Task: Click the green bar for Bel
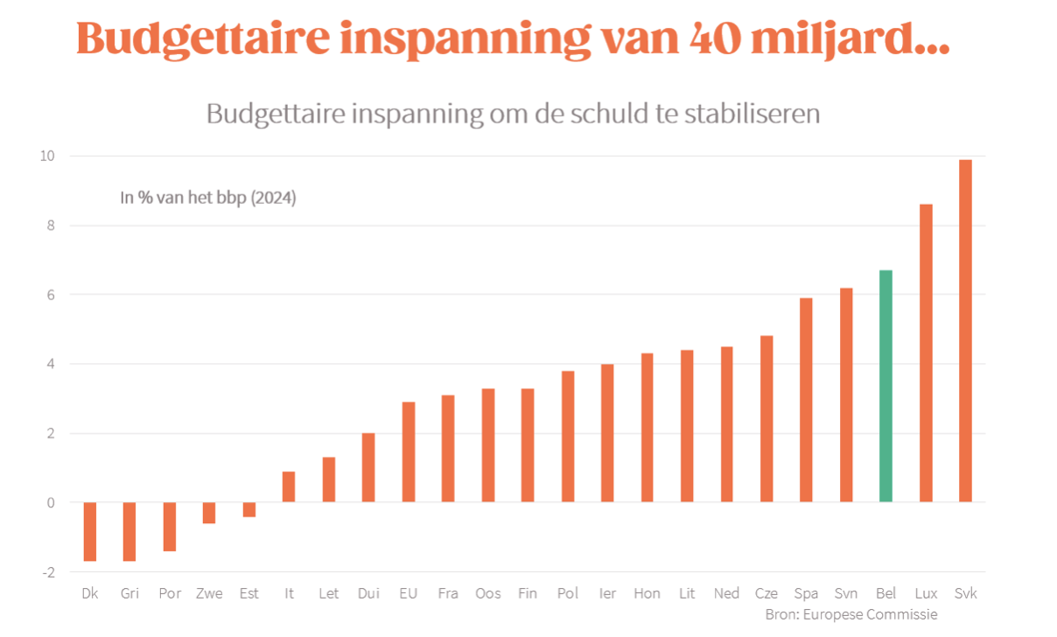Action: pos(885,386)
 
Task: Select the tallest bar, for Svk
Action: pos(965,331)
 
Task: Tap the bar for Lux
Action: pos(926,353)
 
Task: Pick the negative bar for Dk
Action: pos(89,531)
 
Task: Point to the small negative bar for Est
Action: pos(249,509)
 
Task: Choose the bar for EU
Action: pos(409,451)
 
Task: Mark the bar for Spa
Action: pos(806,400)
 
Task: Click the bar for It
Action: pos(289,486)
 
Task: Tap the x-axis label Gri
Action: pos(129,593)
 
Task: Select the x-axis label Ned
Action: pos(726,593)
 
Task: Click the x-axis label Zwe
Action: pos(209,593)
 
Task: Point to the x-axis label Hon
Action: pos(647,593)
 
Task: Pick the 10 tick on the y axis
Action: pos(45,156)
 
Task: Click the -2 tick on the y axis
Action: pos(47,572)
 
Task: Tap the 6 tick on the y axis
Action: pos(49,295)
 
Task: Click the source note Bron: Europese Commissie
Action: pos(850,614)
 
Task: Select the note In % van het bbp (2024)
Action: pos(208,199)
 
